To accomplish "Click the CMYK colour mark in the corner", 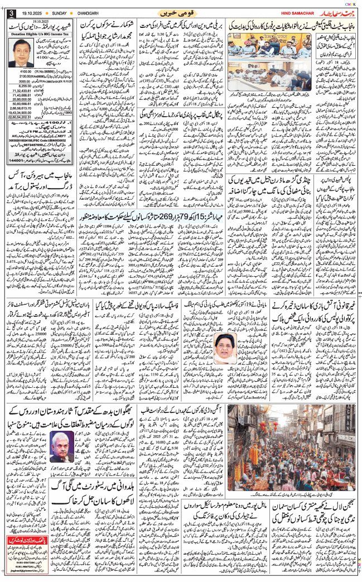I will (353, 3).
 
